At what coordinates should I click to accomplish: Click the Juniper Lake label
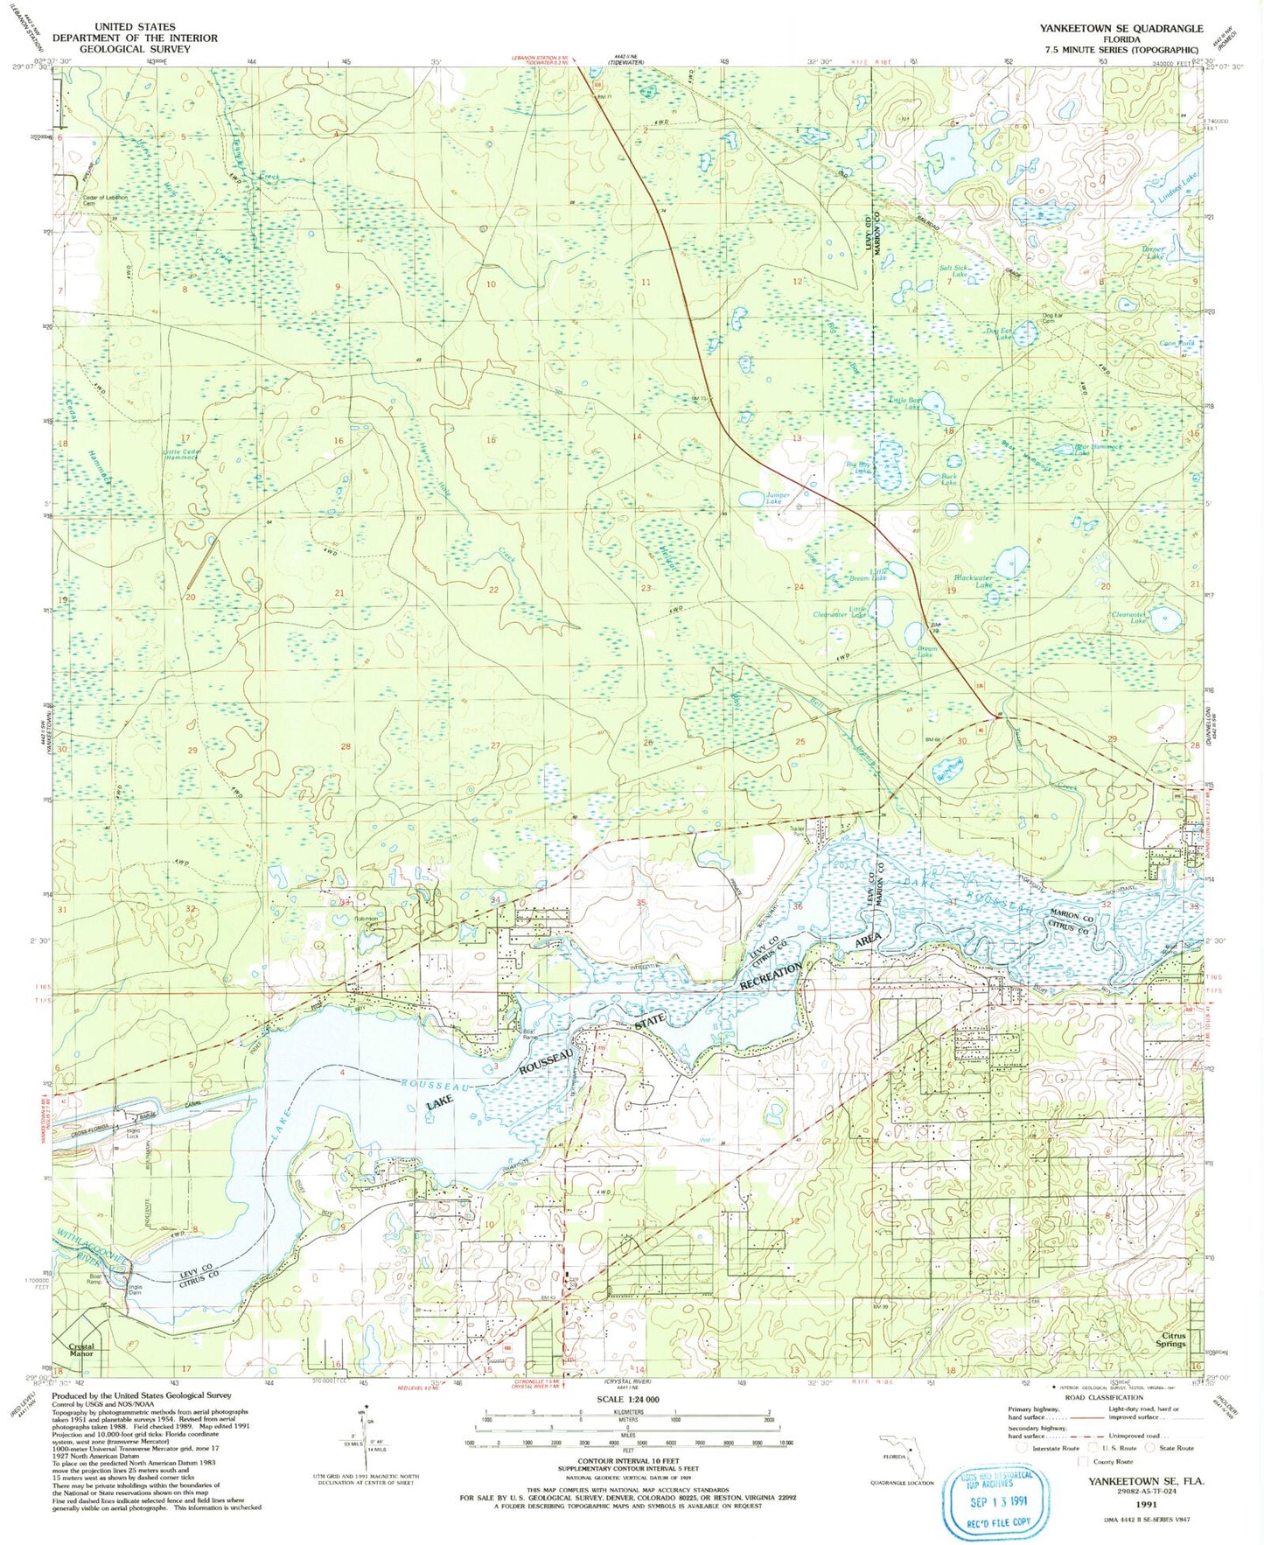tap(778, 499)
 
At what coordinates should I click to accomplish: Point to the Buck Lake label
tap(948, 479)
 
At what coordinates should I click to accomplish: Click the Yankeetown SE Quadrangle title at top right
tap(1121, 28)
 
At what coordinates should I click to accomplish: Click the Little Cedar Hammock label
tap(182, 455)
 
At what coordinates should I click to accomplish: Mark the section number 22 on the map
tap(493, 590)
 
